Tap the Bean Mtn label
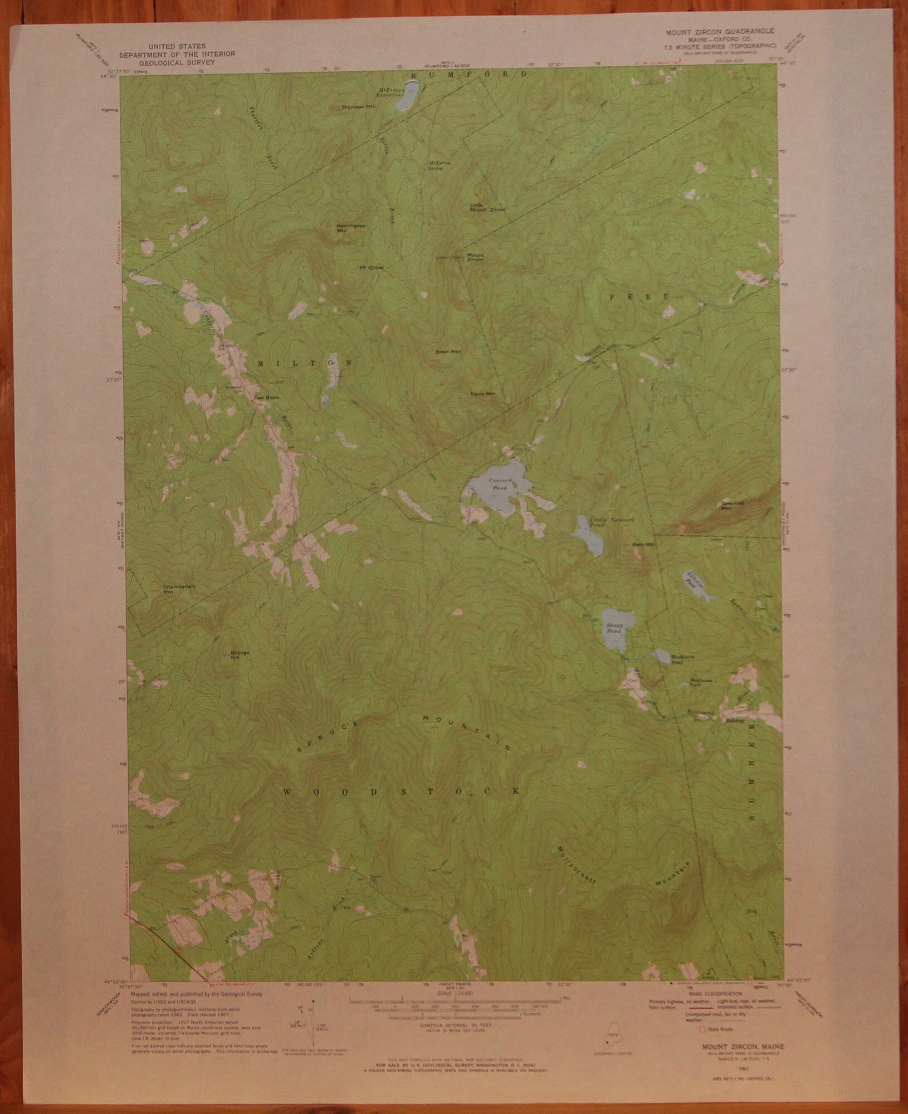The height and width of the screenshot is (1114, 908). tap(448, 352)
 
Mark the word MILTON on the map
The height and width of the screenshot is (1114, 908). tap(305, 363)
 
